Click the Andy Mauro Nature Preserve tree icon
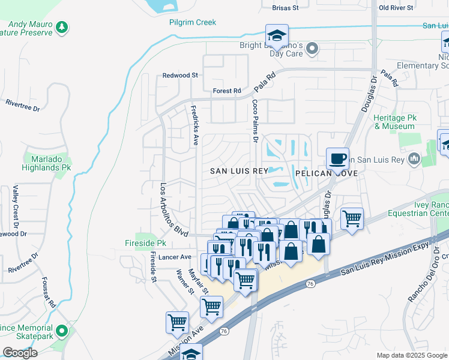pos(61,27)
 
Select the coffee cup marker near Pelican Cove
pos(337,159)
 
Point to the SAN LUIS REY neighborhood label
pos(238,171)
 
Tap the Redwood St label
pos(180,75)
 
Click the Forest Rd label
pos(226,91)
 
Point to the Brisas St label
pos(285,8)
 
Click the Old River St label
pos(396,8)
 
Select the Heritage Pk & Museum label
pos(394,122)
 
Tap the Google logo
pos(20,353)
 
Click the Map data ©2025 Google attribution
pos(411,355)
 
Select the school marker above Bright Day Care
pos(277,36)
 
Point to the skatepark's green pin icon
pos(61,331)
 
